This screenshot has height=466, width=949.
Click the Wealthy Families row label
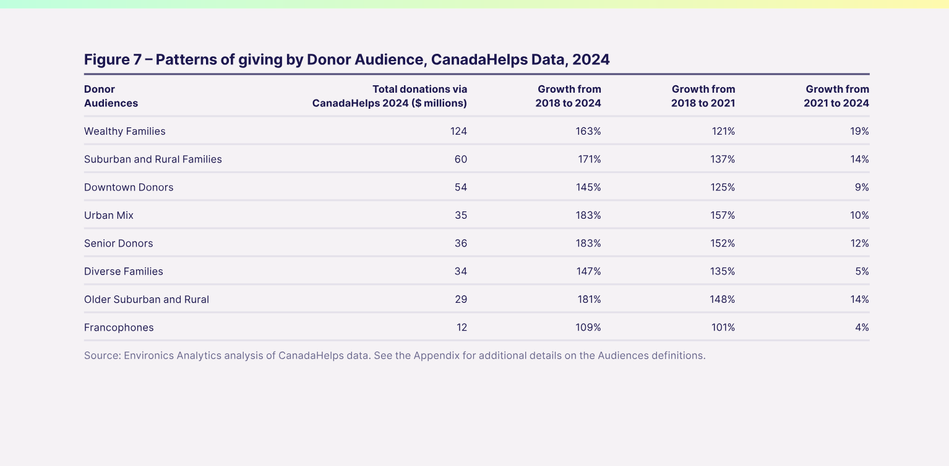point(125,131)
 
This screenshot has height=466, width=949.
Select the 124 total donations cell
point(458,131)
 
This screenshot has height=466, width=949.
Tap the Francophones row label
point(119,328)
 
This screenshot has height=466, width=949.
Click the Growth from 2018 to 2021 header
point(703,96)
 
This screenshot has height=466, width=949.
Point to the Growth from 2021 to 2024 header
point(836,96)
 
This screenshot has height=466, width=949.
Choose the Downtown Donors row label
point(129,187)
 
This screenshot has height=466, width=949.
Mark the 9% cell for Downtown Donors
point(862,187)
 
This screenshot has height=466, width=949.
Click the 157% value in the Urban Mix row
point(723,215)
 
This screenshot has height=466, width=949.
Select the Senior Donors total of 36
point(461,244)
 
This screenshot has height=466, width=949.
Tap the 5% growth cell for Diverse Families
point(862,271)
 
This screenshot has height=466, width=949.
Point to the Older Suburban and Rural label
point(147,299)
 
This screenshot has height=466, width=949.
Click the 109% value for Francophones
point(588,328)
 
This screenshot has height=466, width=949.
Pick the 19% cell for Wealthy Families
point(861,131)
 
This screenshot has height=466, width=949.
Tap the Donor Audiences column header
point(111,96)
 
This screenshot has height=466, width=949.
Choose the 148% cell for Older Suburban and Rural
point(723,299)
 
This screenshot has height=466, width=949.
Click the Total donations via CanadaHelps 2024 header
point(390,96)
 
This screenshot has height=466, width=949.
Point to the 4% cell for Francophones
point(862,328)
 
